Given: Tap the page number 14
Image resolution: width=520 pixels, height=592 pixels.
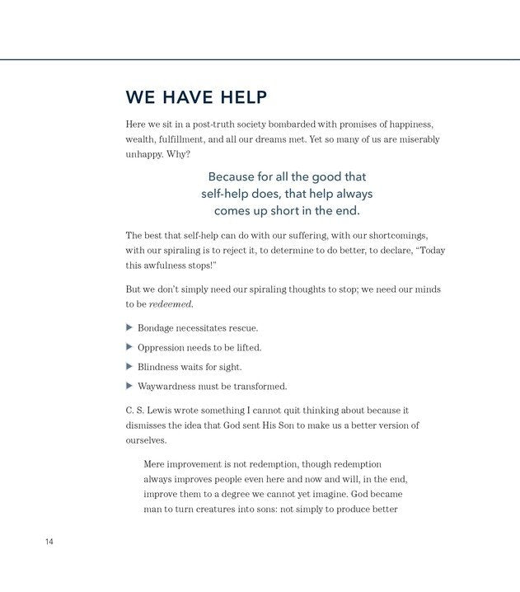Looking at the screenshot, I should (49, 542).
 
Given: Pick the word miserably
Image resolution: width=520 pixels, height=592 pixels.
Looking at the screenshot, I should (416, 139).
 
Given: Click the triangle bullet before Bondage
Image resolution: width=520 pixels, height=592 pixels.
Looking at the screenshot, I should (129, 327).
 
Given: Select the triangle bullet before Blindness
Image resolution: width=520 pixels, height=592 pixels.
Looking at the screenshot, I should (129, 366).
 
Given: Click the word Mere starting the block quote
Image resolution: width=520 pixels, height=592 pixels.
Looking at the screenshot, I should (155, 464).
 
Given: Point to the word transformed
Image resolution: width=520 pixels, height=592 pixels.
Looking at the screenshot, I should (258, 386).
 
